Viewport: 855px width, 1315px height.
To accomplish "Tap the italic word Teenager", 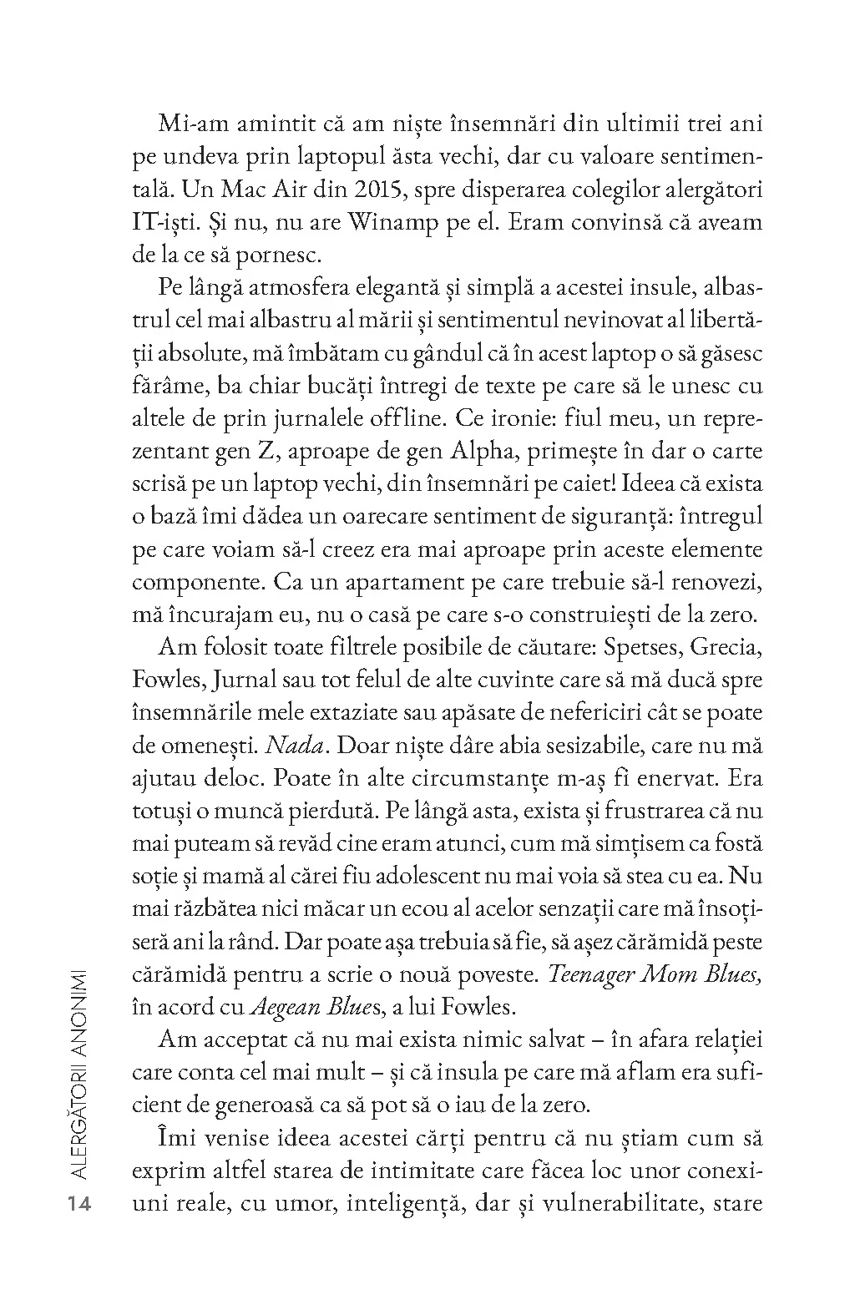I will point(604,974).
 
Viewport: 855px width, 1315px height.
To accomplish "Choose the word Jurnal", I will point(243,680).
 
